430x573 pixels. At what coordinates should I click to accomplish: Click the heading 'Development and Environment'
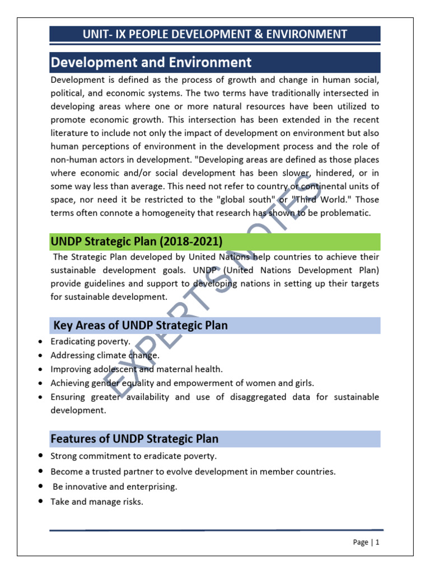[x=151, y=62]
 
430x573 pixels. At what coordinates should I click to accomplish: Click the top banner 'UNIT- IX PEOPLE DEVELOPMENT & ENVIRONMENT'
[x=214, y=34]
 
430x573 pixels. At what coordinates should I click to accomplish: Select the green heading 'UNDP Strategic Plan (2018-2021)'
[x=137, y=242]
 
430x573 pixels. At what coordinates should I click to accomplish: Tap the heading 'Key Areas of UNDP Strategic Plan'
[x=140, y=325]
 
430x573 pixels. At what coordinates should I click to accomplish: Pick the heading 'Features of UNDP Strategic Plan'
[x=134, y=439]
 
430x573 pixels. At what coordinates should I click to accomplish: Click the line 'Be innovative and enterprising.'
[x=115, y=487]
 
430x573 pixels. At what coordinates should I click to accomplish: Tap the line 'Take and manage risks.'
[x=97, y=502]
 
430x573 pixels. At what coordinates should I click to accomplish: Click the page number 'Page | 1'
[x=366, y=542]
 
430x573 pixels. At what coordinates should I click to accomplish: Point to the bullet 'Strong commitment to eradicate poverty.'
[x=133, y=456]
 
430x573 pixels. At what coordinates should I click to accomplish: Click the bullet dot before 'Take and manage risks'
[x=42, y=501]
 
